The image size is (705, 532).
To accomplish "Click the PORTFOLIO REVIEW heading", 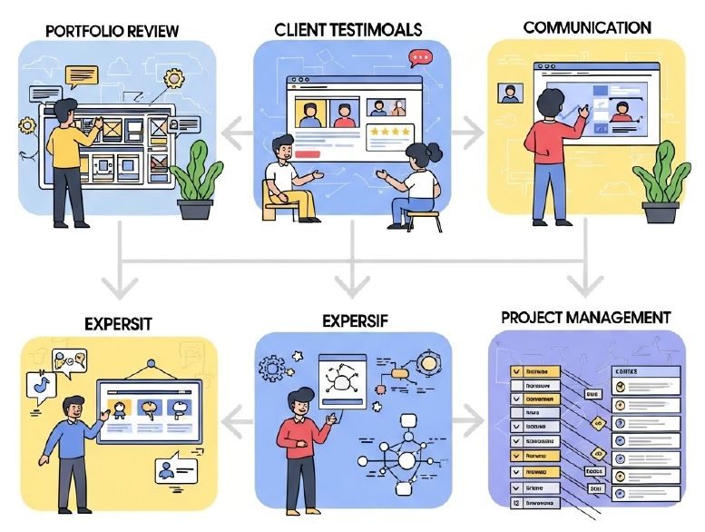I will click(x=112, y=31).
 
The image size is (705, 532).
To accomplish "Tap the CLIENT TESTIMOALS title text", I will click(x=348, y=29).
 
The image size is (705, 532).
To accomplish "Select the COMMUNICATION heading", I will click(x=586, y=27).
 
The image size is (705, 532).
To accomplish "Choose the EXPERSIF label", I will click(x=354, y=320).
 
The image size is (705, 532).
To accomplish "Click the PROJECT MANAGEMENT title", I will click(x=585, y=318).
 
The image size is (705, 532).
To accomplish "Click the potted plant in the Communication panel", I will click(x=661, y=185).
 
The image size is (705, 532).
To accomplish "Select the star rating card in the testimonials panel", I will click(x=389, y=137).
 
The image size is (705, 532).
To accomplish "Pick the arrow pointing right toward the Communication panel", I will click(x=469, y=133).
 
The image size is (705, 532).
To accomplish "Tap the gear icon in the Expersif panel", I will click(x=271, y=369).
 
